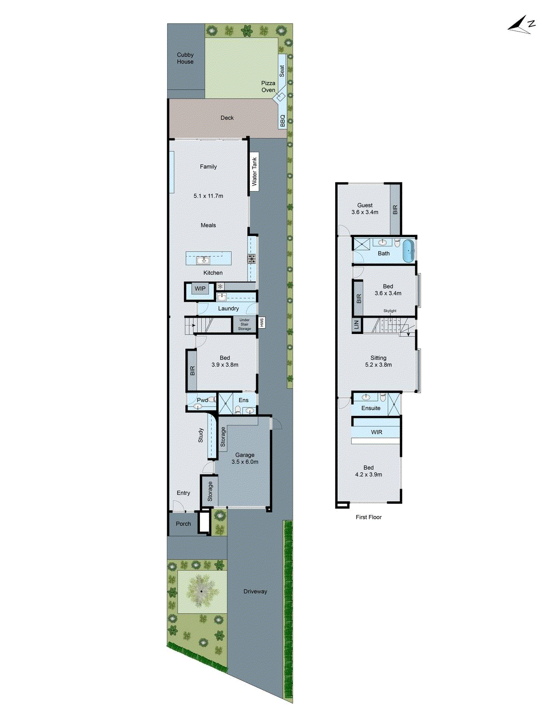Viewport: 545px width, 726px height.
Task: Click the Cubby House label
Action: pos(185,58)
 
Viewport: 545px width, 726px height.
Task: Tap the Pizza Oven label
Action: pos(268,87)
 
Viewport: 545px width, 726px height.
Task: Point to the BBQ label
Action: pos(282,120)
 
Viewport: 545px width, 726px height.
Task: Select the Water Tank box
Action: pos(254,172)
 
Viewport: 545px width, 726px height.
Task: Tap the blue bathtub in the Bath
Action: pos(409,251)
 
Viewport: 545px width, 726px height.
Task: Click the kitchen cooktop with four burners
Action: pos(252,259)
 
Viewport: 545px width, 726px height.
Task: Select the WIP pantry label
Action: pos(200,289)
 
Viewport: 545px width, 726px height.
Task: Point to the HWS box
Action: pos(262,323)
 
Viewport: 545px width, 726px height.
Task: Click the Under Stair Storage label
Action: pos(244,324)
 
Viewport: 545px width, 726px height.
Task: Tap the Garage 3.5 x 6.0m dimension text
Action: pos(245,462)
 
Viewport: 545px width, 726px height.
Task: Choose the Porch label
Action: pos(183,524)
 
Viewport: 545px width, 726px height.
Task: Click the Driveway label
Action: pos(255,591)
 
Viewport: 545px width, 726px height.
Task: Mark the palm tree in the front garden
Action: pos(201,591)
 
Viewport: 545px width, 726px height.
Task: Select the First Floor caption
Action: pos(368,517)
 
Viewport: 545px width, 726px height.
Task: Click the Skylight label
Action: pos(390,311)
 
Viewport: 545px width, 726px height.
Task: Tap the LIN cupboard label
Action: pos(357,325)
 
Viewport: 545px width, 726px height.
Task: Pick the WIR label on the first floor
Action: pos(377,432)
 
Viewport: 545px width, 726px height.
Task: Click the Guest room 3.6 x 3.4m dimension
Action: pos(365,212)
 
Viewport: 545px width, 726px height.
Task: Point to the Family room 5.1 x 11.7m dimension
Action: pos(208,196)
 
